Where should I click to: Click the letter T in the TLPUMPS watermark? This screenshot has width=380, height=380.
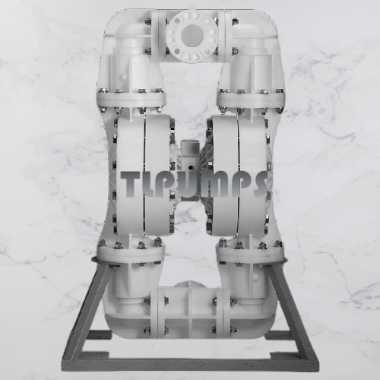pos(131,183)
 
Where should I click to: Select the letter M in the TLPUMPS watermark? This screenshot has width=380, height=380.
pos(214,184)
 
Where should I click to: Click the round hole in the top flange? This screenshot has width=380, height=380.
pos(192,37)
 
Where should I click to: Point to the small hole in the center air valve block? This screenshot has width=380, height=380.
pos(190,168)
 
